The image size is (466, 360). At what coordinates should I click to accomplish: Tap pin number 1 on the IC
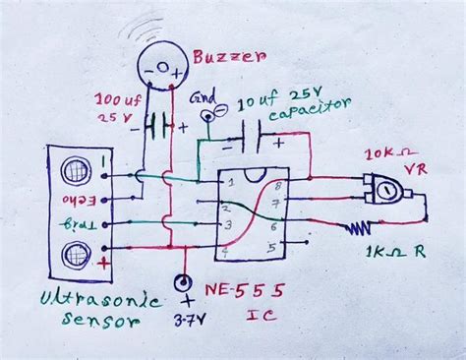click(x=229, y=183)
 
